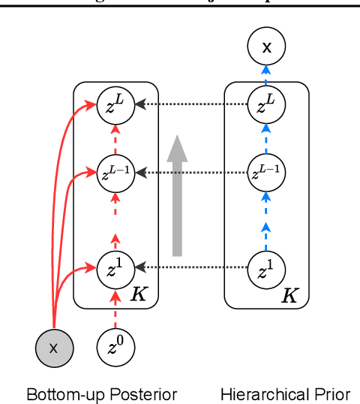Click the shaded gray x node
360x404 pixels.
tap(52, 348)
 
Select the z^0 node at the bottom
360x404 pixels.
tap(115, 348)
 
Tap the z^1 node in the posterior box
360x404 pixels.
tap(115, 267)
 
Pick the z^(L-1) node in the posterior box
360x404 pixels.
tap(115, 172)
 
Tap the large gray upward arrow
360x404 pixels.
tap(178, 195)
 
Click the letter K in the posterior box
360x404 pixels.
tap(139, 294)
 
